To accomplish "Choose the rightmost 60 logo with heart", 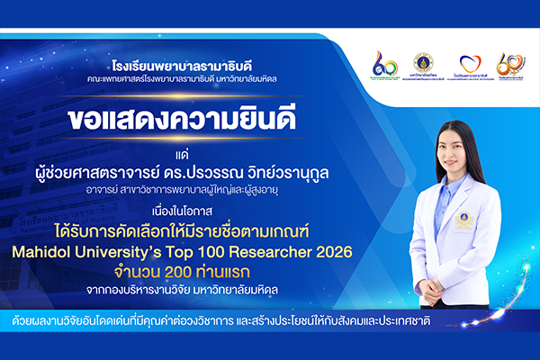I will [510, 63].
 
